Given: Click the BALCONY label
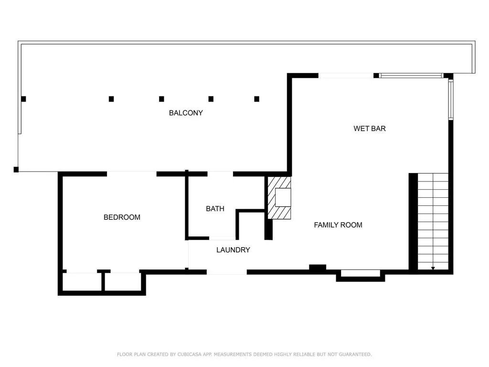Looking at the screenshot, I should [x=186, y=113].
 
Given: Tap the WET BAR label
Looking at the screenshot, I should [x=369, y=129].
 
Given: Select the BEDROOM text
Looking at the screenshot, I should [x=122, y=217].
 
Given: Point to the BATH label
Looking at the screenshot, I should [x=215, y=209].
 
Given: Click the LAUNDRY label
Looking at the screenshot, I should [x=233, y=250].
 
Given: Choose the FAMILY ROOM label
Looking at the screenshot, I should [x=338, y=225].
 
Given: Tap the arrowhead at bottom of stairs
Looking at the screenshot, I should [x=433, y=269].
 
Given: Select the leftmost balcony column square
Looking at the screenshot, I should [x=23, y=99].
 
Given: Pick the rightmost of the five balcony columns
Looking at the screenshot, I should [x=256, y=99].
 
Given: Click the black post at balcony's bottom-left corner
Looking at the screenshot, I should [x=16, y=169].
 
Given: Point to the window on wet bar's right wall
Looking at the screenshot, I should [x=450, y=99].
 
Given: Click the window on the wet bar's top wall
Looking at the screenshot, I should [x=411, y=76].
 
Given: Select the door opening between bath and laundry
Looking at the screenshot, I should [x=222, y=238].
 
